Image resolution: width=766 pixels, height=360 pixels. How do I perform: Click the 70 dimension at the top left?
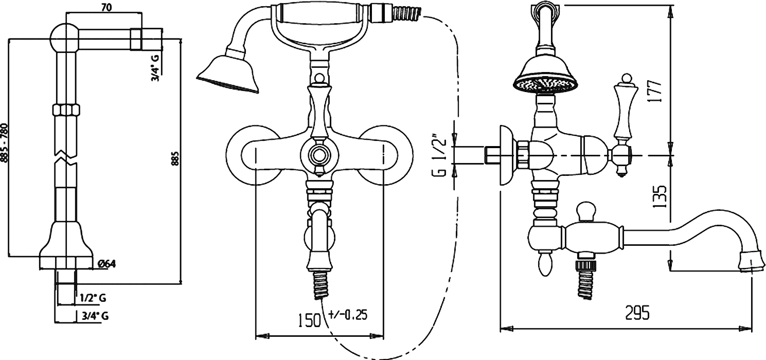(106, 8)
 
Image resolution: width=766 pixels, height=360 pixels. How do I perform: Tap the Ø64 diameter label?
(106, 264)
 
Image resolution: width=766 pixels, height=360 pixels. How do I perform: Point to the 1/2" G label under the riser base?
(93, 298)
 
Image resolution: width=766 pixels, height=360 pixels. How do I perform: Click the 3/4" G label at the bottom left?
(95, 316)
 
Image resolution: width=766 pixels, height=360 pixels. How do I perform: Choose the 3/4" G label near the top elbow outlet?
(155, 68)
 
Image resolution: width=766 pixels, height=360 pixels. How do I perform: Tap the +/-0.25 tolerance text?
(348, 315)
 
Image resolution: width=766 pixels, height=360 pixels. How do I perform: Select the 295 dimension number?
(637, 313)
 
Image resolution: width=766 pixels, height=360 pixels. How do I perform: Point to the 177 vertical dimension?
(655, 91)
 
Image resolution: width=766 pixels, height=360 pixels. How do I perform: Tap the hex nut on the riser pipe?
(66, 110)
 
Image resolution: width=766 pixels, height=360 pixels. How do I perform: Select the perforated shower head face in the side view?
(546, 85)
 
